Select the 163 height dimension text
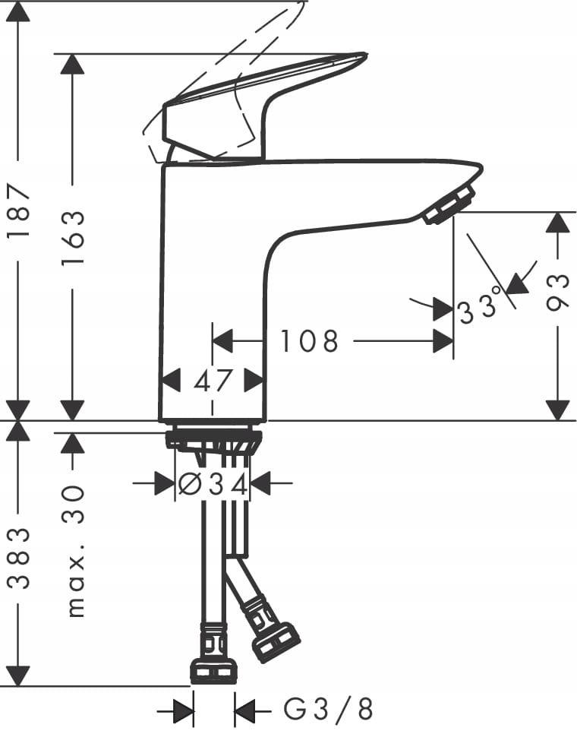[x=73, y=237]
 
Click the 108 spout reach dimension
[x=309, y=341]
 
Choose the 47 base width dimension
[x=213, y=380]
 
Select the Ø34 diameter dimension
[x=213, y=483]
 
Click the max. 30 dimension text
[x=74, y=550]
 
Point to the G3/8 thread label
[x=328, y=710]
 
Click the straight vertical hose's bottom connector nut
[x=213, y=669]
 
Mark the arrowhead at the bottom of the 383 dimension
[x=18, y=675]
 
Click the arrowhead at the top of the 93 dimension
[x=558, y=223]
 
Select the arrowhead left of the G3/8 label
[x=183, y=711]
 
